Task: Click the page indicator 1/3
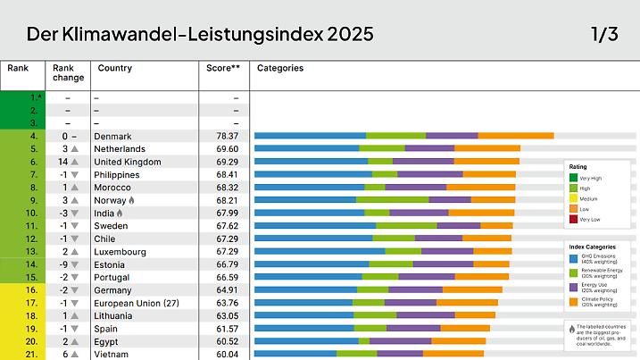pos(603,35)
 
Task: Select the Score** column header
pos(223,68)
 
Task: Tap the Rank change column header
pos(68,72)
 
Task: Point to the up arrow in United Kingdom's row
pos(76,162)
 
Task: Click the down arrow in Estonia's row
pos(75,264)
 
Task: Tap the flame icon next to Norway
pos(133,201)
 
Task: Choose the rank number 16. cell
pos(32,290)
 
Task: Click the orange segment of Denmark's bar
pos(516,136)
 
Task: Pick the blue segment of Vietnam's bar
pos(295,355)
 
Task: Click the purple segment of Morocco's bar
pos(415,188)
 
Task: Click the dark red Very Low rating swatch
pos(573,219)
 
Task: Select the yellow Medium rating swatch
pos(573,198)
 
